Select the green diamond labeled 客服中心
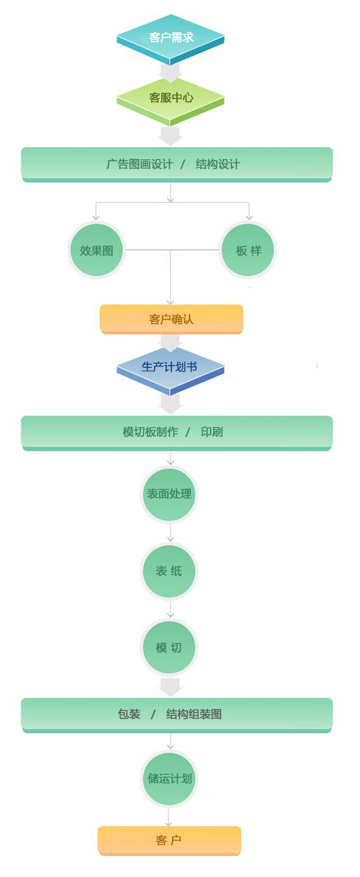click(170, 100)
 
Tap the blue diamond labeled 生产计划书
click(170, 369)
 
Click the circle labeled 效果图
click(96, 250)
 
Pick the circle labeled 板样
click(248, 250)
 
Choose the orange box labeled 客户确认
click(171, 319)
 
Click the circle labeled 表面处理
click(169, 494)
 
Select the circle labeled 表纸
click(169, 571)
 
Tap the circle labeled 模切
click(169, 647)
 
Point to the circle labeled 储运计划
click(169, 778)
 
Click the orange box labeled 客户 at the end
click(169, 841)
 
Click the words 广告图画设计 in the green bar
click(139, 164)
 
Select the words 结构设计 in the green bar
click(217, 164)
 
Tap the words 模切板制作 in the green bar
click(150, 432)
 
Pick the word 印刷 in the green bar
click(212, 432)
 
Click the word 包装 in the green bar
click(129, 714)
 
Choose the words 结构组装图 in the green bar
click(194, 714)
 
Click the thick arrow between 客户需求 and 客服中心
click(170, 73)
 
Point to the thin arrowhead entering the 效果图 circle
click(96, 217)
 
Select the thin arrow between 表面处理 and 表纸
click(170, 534)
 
